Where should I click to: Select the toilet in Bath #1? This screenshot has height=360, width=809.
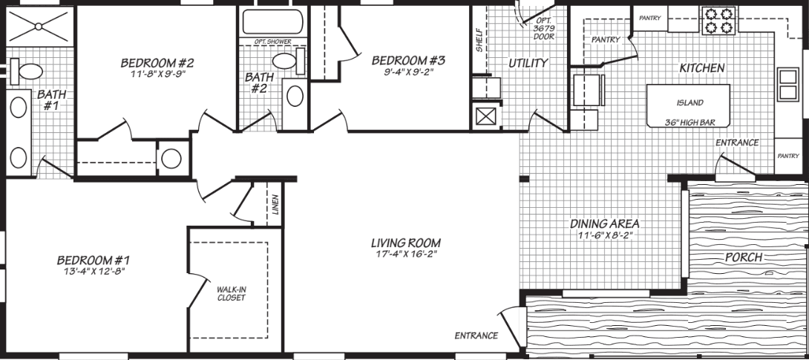tap(30, 72)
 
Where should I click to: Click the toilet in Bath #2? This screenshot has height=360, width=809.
tap(300, 61)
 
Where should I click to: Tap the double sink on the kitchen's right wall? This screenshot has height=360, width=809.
tap(787, 85)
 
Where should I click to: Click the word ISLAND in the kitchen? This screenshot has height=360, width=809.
tap(690, 103)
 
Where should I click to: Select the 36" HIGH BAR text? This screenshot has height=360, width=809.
tap(690, 122)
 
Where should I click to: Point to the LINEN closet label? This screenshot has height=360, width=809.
tap(275, 206)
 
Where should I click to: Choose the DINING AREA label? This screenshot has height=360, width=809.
tap(605, 223)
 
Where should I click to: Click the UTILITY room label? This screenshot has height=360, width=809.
tap(528, 63)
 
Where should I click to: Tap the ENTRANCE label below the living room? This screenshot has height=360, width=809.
tap(476, 336)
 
